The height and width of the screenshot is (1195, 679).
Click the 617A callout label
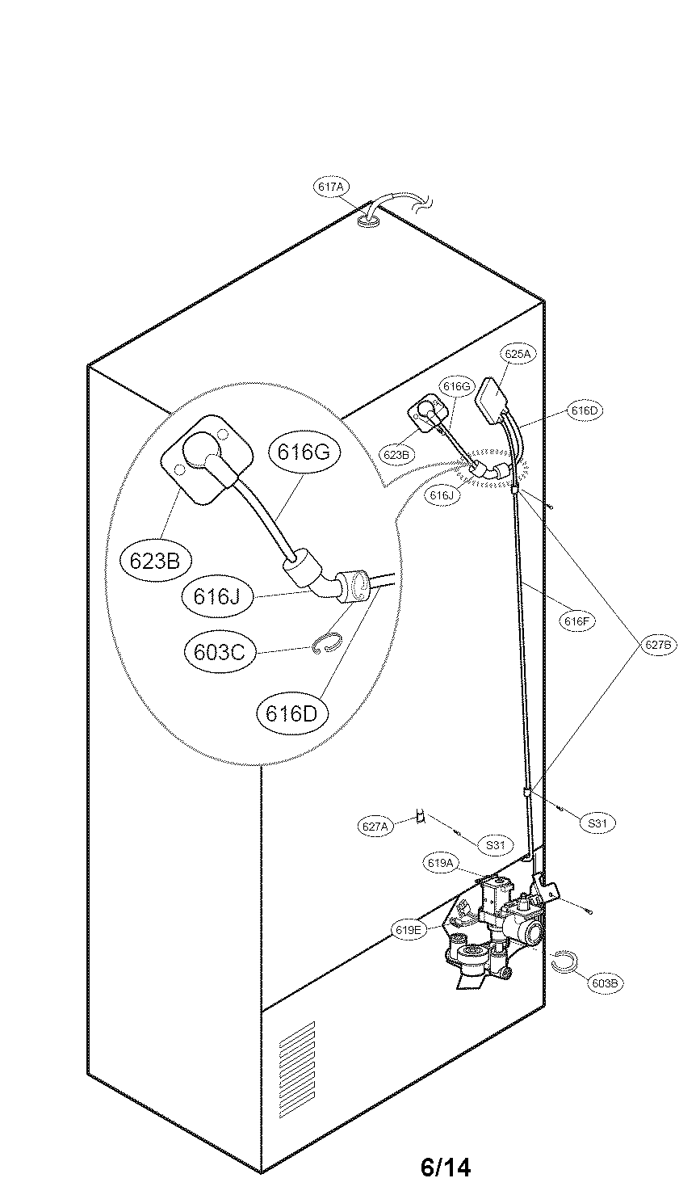pyautogui.click(x=330, y=187)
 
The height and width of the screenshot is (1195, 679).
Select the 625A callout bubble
pyautogui.click(x=518, y=354)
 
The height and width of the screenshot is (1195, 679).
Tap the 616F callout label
pyautogui.click(x=577, y=621)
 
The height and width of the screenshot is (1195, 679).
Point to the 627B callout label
pyautogui.click(x=659, y=646)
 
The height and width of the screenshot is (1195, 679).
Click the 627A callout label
pyautogui.click(x=375, y=826)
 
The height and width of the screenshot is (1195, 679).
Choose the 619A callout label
pyautogui.click(x=441, y=864)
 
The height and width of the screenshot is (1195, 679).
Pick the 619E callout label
pyautogui.click(x=409, y=930)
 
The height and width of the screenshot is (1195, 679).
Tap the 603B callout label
pyautogui.click(x=605, y=983)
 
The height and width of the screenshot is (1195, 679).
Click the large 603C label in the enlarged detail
pyautogui.click(x=219, y=652)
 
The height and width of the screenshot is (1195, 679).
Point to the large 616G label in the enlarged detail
pyautogui.click(x=303, y=452)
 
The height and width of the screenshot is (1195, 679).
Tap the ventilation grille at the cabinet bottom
pyautogui.click(x=296, y=1059)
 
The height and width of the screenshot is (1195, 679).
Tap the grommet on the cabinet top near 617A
pyautogui.click(x=369, y=218)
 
